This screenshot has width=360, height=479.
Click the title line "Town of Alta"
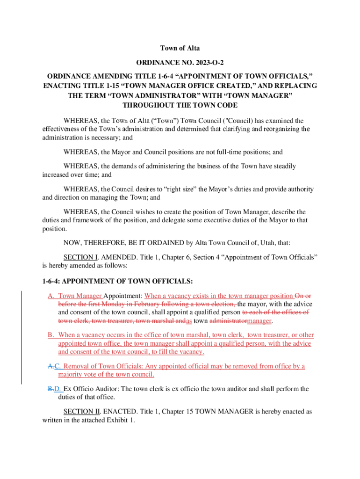[180, 48]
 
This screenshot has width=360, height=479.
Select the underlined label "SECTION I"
[80, 257]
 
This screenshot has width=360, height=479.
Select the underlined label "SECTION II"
[82, 411]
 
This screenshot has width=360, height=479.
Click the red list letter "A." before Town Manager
[51, 296]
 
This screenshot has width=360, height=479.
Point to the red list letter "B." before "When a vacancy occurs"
[51, 335]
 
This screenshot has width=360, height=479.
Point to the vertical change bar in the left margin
[21, 337]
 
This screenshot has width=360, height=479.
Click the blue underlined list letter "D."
[58, 389]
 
